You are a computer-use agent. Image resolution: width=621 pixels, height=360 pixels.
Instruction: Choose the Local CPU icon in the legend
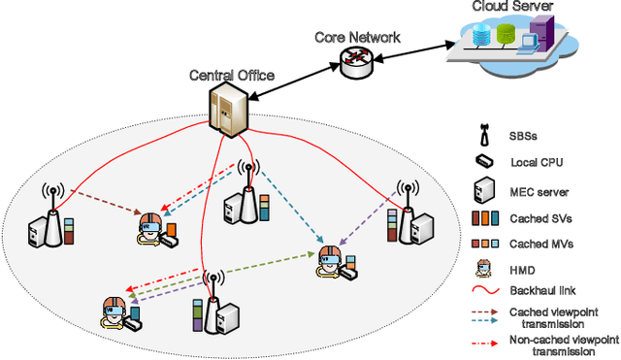pyautogui.click(x=482, y=162)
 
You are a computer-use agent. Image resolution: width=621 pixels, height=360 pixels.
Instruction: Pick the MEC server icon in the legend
pyautogui.click(x=482, y=189)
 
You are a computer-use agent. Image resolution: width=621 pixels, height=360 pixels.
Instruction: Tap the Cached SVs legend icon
pyautogui.click(x=482, y=217)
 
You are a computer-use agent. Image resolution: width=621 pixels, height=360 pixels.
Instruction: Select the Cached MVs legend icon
pyautogui.click(x=482, y=243)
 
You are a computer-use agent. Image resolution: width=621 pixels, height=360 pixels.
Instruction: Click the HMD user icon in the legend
pyautogui.click(x=482, y=268)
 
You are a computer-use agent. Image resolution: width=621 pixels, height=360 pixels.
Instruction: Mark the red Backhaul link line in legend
pyautogui.click(x=482, y=291)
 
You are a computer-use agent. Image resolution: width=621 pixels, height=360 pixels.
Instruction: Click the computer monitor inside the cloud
pyautogui.click(x=529, y=41)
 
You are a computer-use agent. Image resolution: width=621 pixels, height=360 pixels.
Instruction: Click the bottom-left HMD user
pyautogui.click(x=115, y=310)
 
